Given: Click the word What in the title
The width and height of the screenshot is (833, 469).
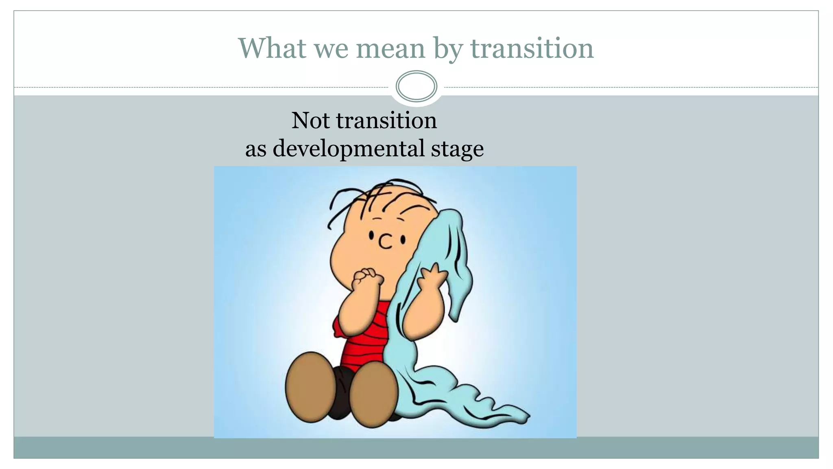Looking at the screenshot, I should [272, 48].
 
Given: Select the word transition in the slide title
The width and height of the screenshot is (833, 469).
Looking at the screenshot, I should [532, 48].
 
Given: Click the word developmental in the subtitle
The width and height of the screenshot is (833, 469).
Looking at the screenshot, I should [349, 148].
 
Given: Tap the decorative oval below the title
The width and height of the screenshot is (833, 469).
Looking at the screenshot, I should [416, 86].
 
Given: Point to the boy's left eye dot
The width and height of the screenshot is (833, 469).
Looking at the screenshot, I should [371, 235].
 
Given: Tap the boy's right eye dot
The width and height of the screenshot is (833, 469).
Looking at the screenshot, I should [403, 240].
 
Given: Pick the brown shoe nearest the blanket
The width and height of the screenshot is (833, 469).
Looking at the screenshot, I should [373, 394].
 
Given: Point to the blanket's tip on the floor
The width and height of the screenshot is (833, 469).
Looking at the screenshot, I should [523, 417].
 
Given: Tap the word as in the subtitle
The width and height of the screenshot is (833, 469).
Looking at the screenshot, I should [255, 149].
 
